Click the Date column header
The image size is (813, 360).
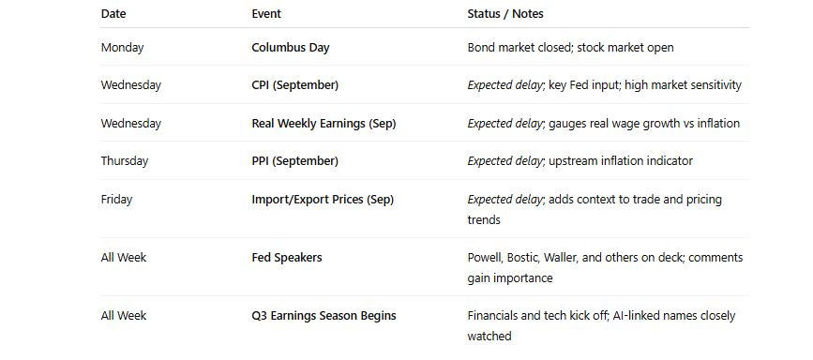click(x=113, y=14)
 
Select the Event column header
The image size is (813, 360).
click(x=266, y=14)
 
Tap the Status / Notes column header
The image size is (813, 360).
click(x=505, y=14)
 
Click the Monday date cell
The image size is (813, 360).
click(x=122, y=47)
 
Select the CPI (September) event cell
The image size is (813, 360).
click(x=295, y=85)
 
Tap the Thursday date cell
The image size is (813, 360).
click(x=125, y=160)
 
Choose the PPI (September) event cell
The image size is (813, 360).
click(x=295, y=160)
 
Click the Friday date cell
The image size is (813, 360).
click(x=116, y=199)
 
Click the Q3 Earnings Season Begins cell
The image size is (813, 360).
click(x=324, y=316)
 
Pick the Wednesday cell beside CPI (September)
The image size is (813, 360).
click(x=131, y=85)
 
